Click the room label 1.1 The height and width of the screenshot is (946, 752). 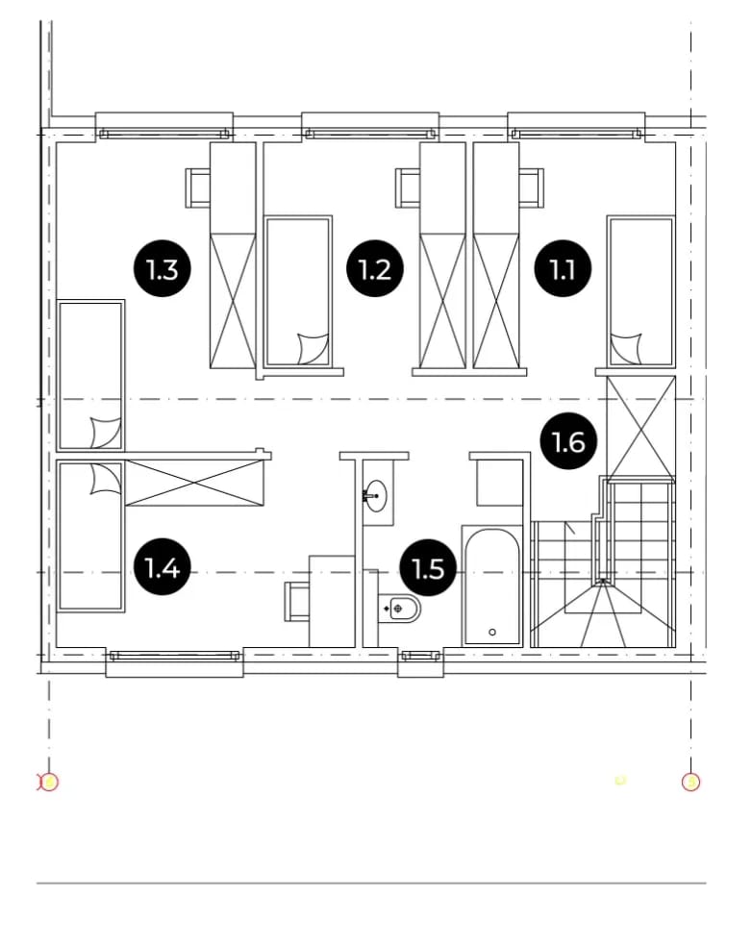(x=563, y=268)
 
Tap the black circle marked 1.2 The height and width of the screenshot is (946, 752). (x=375, y=268)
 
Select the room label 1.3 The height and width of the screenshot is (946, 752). (x=163, y=268)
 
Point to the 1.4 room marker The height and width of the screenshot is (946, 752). (x=163, y=567)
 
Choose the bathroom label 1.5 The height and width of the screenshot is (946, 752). (x=428, y=568)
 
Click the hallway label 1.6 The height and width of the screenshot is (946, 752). (x=568, y=442)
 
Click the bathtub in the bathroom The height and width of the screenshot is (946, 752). (x=492, y=585)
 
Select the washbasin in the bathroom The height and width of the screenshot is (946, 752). (x=377, y=496)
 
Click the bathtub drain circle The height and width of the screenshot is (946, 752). (x=492, y=633)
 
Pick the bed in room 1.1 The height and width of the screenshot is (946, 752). (x=640, y=291)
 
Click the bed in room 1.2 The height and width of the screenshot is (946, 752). (x=299, y=291)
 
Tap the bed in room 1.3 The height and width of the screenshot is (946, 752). (x=90, y=375)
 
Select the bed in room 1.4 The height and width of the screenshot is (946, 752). (x=90, y=536)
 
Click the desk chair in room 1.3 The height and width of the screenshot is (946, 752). (x=197, y=188)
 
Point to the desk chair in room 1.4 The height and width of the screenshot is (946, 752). (x=297, y=602)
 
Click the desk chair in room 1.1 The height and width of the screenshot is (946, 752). (x=532, y=188)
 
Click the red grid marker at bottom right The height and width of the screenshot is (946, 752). (x=690, y=783)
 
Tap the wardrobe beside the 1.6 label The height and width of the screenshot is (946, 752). (x=641, y=429)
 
